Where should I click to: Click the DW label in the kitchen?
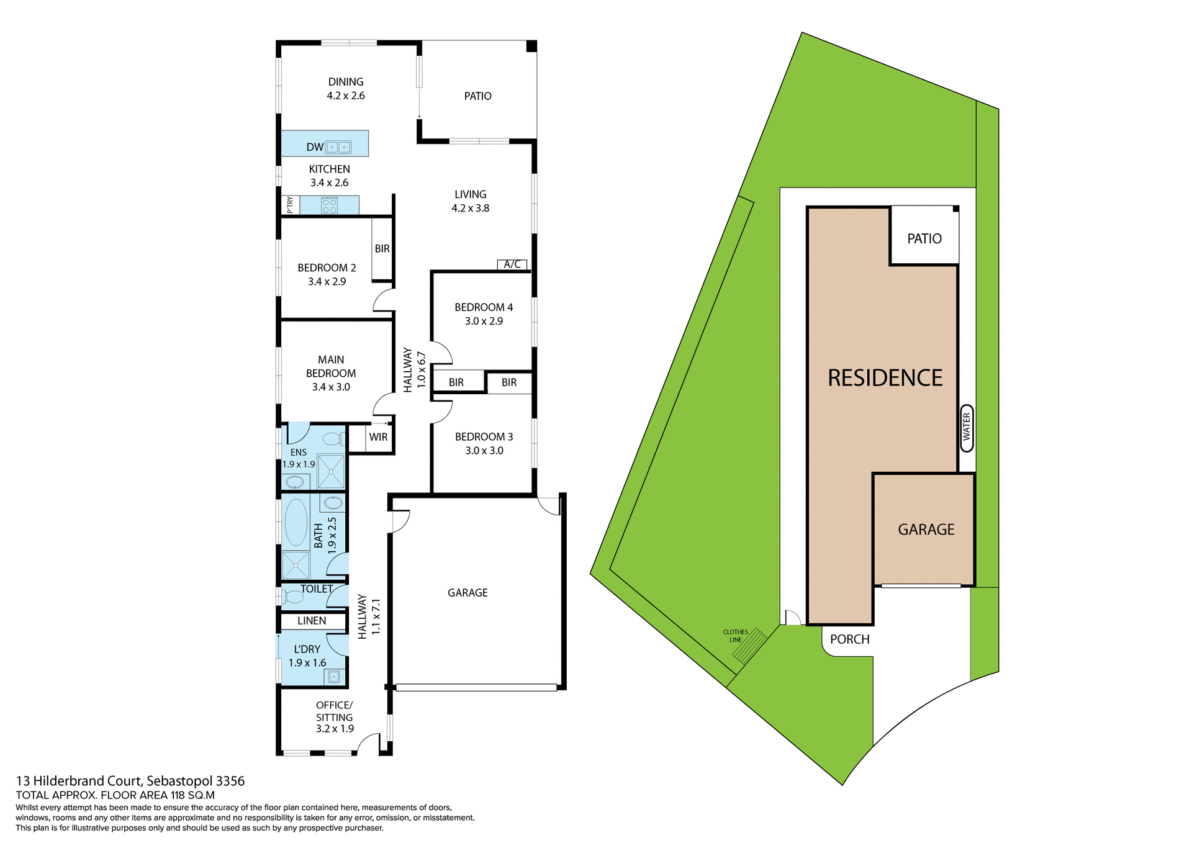click(315, 147)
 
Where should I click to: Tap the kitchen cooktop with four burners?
click(330, 205)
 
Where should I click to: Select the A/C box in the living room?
click(512, 264)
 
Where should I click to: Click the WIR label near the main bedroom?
click(378, 437)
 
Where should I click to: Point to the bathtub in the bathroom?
click(296, 522)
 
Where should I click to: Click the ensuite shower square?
click(331, 472)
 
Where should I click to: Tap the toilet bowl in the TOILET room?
click(293, 597)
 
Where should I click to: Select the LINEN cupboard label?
click(312, 621)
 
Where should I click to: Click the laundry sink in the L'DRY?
click(334, 677)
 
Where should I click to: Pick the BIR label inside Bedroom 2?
click(382, 249)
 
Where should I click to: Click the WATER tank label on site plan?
click(967, 428)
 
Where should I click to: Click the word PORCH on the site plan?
click(849, 639)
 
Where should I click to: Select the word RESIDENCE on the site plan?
click(885, 378)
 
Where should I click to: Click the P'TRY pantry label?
click(290, 205)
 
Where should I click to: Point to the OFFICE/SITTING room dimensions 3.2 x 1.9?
click(335, 729)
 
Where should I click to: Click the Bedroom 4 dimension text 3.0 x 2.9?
click(484, 321)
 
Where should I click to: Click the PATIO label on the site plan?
click(924, 239)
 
